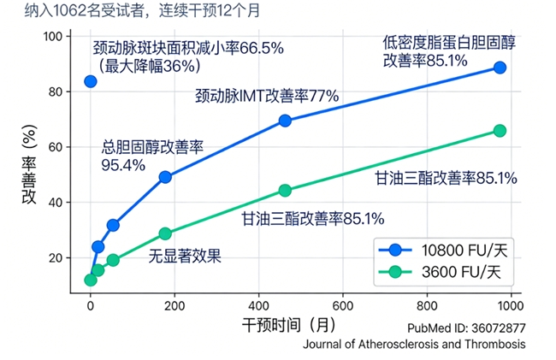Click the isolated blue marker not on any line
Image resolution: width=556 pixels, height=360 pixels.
point(91,81)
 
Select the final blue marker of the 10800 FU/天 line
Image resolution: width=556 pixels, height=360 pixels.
point(500,68)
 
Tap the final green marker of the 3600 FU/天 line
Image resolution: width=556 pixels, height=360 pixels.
point(500,130)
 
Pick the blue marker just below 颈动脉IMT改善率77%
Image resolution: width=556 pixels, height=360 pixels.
point(285,121)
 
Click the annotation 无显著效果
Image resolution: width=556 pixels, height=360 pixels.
point(185,255)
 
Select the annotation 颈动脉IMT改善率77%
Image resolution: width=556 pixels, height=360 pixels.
point(267,96)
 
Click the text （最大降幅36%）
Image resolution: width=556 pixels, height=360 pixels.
point(149,65)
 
